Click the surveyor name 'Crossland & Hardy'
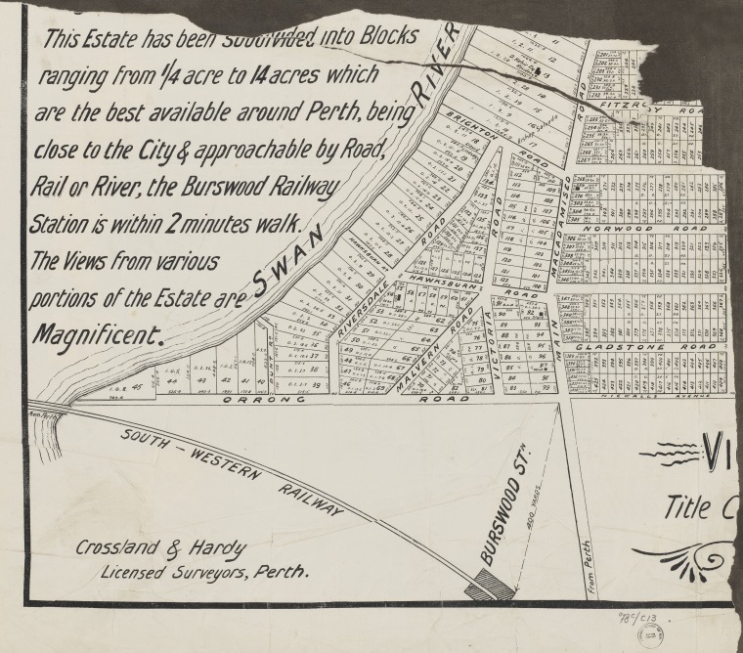(161, 548)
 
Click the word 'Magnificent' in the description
(98, 334)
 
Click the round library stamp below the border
(651, 634)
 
